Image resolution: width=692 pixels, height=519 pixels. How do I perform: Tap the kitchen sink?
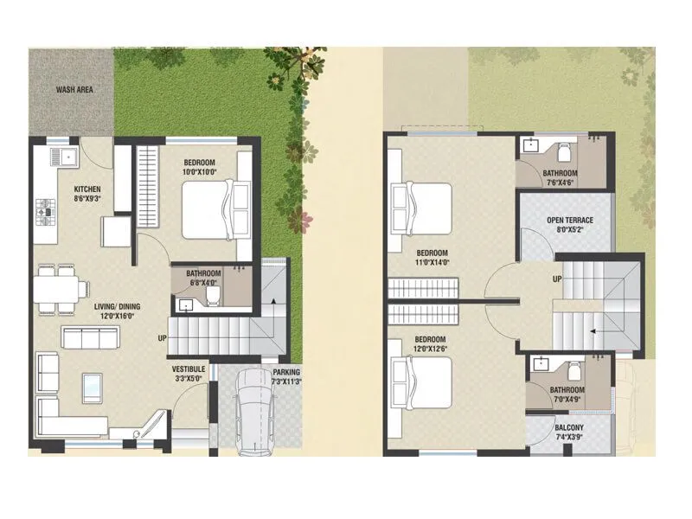click(63, 157)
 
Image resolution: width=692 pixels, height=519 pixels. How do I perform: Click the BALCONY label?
click(571, 428)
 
